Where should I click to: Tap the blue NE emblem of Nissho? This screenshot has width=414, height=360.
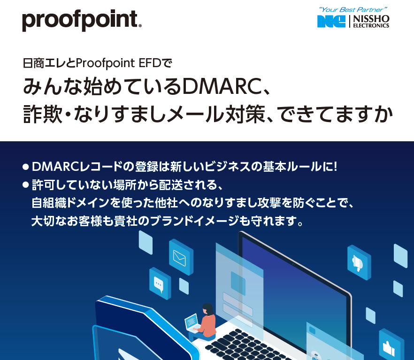point(331,21)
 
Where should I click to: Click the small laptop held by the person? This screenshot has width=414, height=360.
point(192,322)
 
